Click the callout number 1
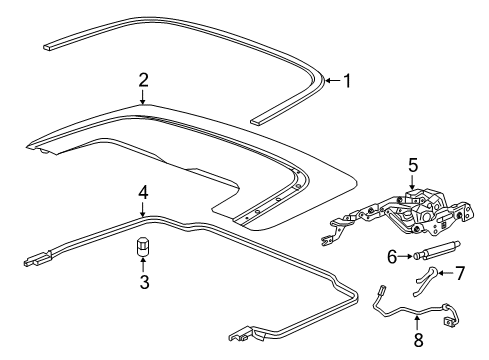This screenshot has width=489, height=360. click(x=346, y=80)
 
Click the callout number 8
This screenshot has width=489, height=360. click(x=418, y=339)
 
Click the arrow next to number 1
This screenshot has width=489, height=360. click(x=333, y=80)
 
